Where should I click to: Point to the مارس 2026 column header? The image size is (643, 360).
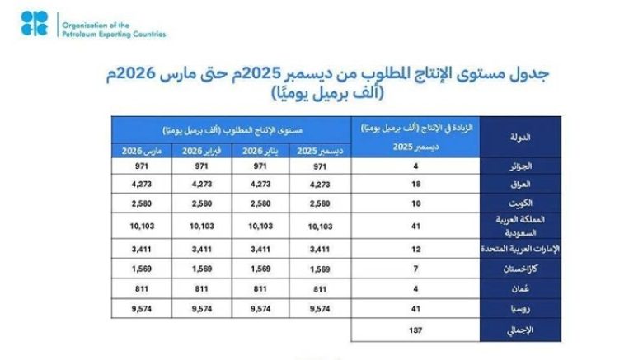click(139, 152)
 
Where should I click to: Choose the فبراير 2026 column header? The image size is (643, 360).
click(200, 152)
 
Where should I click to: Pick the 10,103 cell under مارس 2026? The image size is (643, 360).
click(139, 224)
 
